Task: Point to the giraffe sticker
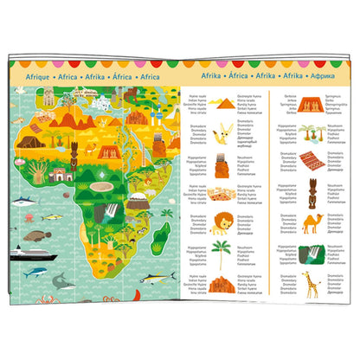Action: pyautogui.click(x=309, y=283)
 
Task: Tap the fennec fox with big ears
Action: pyautogui.click(x=221, y=129)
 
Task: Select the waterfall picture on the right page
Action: pyautogui.click(x=310, y=254)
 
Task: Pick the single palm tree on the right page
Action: pyautogui.click(x=221, y=254)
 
